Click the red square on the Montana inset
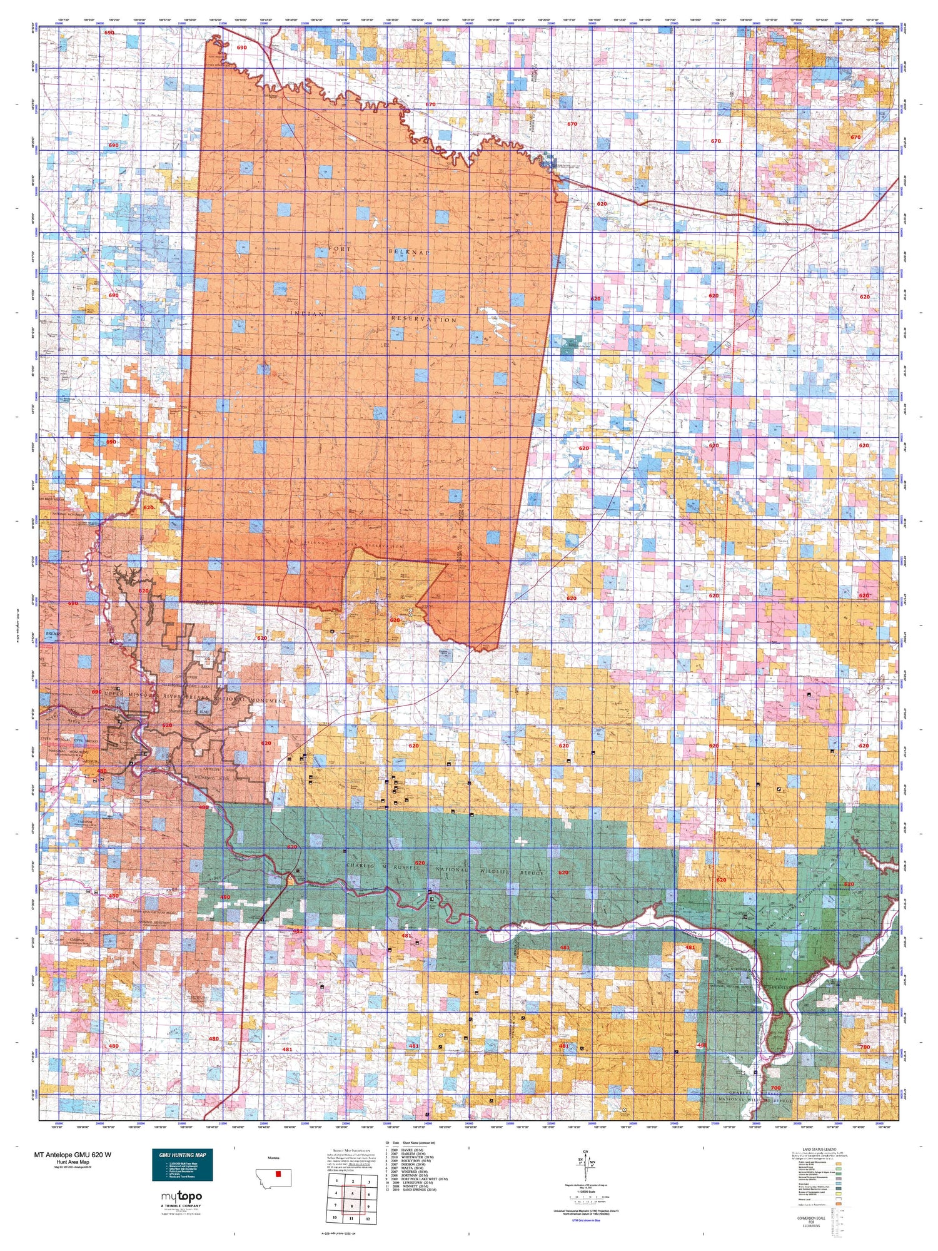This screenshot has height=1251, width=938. point(279,1173)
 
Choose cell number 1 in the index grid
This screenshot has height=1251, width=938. point(336,1181)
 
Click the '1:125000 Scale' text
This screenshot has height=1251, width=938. point(585,1191)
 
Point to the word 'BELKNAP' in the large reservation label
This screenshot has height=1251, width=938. point(409,251)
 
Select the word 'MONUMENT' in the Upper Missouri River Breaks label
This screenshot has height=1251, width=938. point(267,701)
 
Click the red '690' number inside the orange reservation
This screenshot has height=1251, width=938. point(242,48)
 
